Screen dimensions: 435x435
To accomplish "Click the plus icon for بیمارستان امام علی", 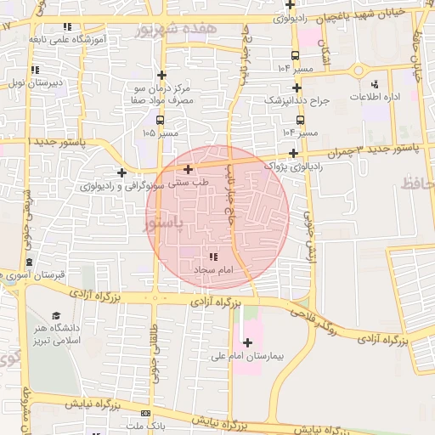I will click(247, 343).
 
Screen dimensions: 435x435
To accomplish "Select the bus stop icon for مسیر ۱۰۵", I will click(161, 121).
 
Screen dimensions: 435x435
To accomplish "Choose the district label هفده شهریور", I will click(187, 29).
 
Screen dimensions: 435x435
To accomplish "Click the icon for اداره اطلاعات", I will click(375, 84).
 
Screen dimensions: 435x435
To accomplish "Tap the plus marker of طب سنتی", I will click(188, 170).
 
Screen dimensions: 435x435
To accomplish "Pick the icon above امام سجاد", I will click(212, 256).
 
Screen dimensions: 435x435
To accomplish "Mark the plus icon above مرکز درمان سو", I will click(162, 75).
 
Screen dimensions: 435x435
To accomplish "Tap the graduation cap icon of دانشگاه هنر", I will click(57, 316).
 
